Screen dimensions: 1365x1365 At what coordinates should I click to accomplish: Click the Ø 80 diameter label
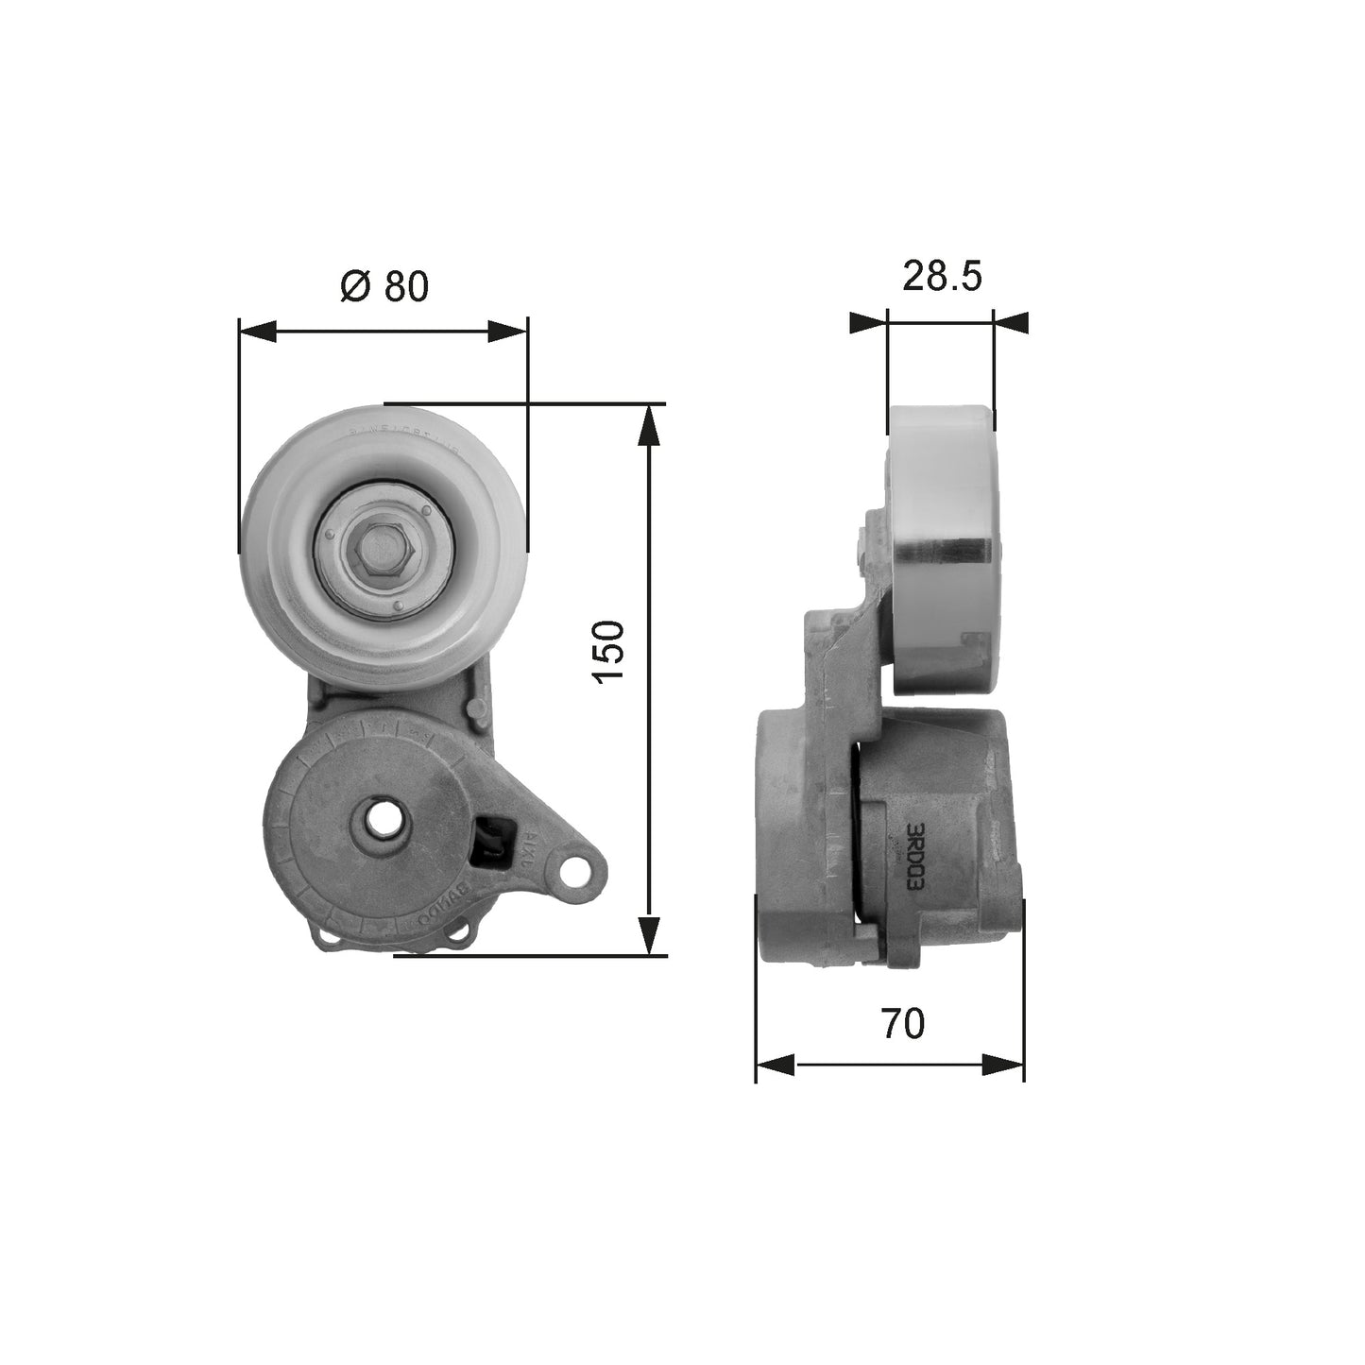[384, 286]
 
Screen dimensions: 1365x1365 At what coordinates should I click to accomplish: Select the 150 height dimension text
[608, 651]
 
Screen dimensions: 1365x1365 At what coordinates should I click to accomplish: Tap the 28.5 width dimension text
[942, 276]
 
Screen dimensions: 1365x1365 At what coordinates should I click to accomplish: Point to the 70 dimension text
[902, 1023]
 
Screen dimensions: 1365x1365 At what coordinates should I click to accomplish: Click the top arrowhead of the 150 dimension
[648, 424]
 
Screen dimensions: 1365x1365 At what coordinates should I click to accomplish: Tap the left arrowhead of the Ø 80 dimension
[258, 331]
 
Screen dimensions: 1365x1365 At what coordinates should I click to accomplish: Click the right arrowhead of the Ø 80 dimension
[507, 331]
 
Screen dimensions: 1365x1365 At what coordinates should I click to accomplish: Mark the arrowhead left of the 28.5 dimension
[868, 323]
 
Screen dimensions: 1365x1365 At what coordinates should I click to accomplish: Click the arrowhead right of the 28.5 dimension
[1011, 323]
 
